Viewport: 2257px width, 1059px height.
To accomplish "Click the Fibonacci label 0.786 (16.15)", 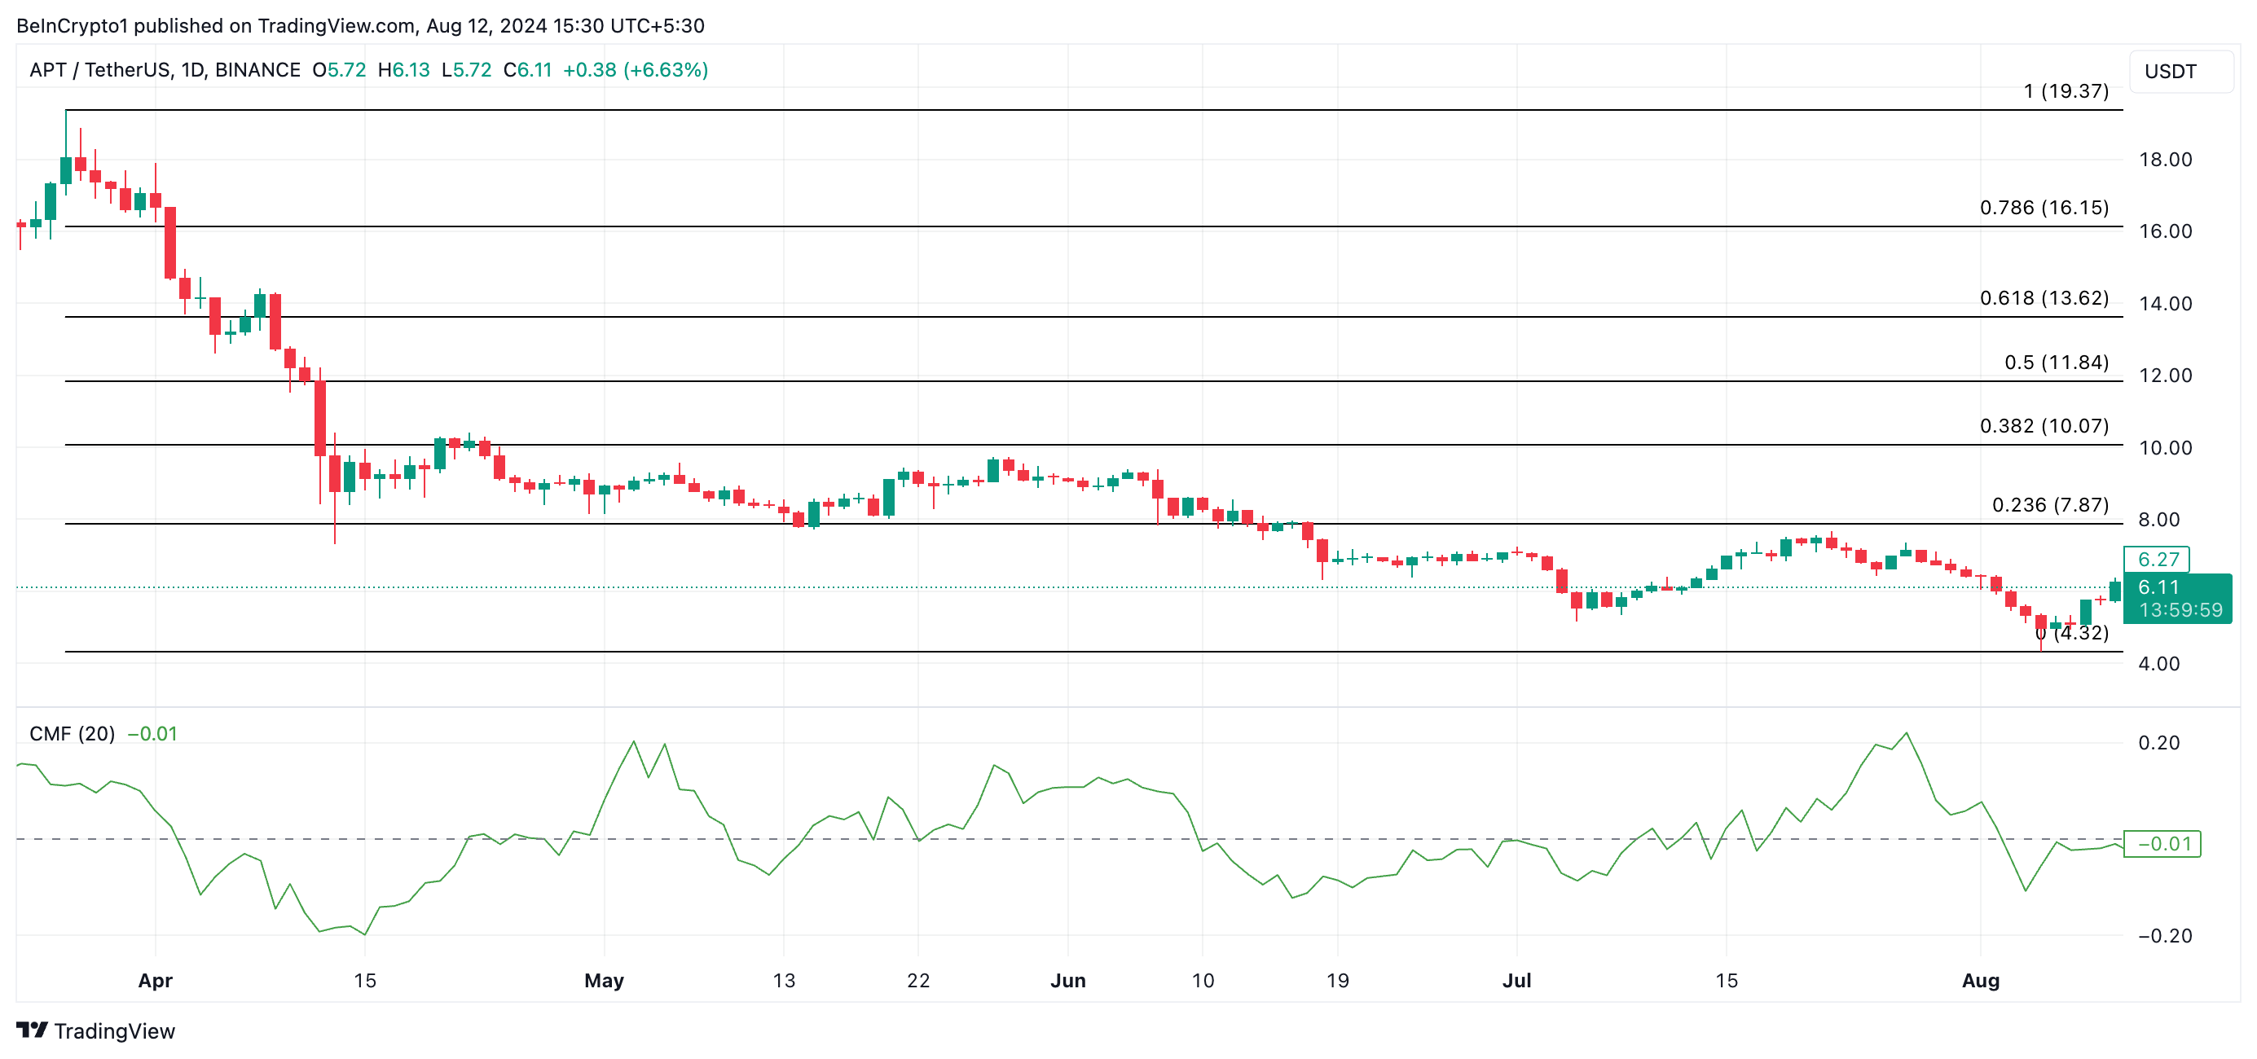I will coord(2044,208).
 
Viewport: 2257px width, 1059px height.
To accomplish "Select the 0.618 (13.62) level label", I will coord(2044,298).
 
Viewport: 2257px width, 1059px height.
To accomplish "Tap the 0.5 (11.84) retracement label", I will coord(2056,362).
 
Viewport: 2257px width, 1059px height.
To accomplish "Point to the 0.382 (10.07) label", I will coord(2044,426).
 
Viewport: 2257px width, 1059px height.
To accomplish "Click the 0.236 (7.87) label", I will coord(2049,504).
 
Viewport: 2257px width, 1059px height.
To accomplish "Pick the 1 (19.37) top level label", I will coord(2066,91).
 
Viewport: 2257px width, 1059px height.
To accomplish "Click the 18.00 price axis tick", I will coord(2165,160).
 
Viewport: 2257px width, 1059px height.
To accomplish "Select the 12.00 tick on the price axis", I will coord(2165,375).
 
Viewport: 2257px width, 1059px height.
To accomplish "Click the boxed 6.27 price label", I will coord(2157,559).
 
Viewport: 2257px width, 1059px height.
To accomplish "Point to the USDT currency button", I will coord(2171,71).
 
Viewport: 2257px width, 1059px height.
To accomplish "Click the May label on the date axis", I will coord(604,980).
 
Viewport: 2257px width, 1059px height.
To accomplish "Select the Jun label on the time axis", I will coord(1067,980).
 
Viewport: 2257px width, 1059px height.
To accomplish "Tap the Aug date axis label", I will coord(1980,980).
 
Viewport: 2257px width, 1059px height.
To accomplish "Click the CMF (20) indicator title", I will coord(72,733).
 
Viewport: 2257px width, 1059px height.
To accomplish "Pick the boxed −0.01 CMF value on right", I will coord(2162,843).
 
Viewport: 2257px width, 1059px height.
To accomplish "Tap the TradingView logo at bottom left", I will coord(95,1030).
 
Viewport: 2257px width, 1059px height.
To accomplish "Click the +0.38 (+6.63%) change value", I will coord(635,70).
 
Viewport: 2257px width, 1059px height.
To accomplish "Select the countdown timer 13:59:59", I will coord(2180,609).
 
